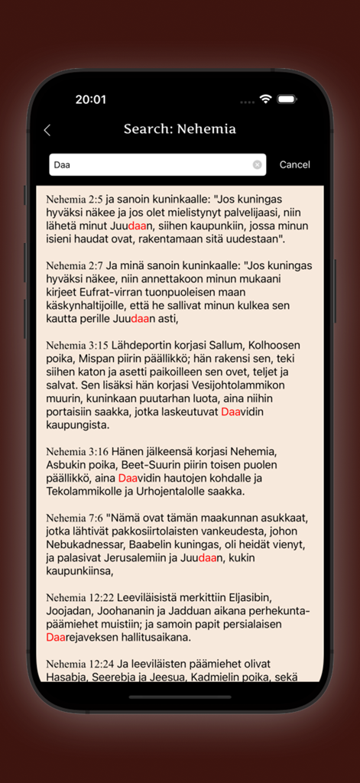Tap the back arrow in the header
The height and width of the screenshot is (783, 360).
coord(47,130)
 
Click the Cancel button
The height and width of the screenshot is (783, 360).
coord(295,164)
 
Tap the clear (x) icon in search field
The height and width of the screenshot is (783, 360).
coord(258,164)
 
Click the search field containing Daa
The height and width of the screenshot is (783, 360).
coord(149,164)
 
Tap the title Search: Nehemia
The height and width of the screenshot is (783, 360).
coord(180,129)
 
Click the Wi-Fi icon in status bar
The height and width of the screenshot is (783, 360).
coord(266,99)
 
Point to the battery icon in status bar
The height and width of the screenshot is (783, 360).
coord(287,99)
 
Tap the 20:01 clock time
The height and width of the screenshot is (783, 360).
coord(90,99)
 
